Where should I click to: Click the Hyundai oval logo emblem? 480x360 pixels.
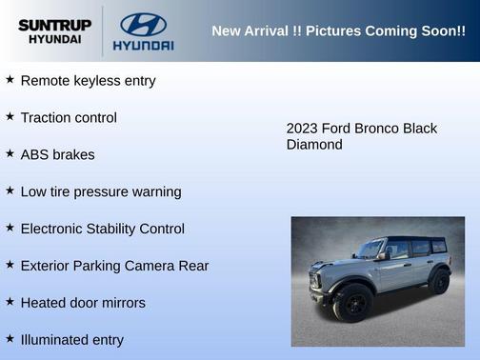[143, 24]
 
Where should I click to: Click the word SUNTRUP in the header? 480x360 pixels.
[54, 24]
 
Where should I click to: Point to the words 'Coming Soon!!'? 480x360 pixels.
[418, 31]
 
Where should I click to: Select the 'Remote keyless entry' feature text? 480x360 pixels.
[88, 81]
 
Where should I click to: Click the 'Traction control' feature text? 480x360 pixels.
[69, 118]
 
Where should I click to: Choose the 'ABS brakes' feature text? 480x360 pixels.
[57, 155]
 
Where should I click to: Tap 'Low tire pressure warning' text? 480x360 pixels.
[100, 192]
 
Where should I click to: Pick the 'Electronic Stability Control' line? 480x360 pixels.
[102, 230]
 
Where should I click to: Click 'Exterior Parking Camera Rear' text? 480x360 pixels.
[114, 266]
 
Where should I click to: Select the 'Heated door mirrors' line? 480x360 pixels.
[83, 303]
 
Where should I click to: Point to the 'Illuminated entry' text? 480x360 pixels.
[71, 340]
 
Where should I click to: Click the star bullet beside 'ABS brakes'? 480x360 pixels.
[10, 153]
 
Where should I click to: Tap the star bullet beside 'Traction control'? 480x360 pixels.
[10, 116]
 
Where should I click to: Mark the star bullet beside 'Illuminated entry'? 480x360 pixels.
[10, 338]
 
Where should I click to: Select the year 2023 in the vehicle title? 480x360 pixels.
[303, 129]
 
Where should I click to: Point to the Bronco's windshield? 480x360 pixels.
[370, 250]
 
